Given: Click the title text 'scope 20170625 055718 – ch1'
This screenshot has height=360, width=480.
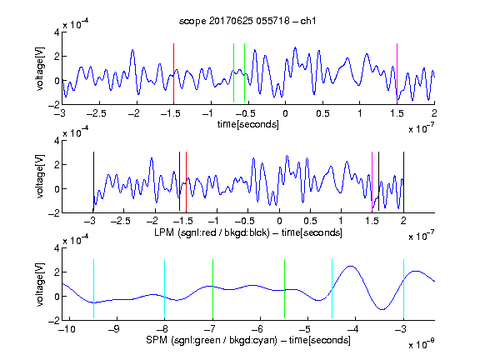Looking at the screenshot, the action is [x=247, y=21].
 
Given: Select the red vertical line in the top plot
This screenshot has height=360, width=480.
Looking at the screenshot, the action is [x=173, y=73].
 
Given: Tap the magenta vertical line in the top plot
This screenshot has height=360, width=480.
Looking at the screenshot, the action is [x=397, y=73].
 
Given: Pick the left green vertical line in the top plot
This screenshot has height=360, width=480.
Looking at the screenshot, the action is [x=233, y=72].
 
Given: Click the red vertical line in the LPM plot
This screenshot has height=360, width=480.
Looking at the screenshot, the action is [x=186, y=182].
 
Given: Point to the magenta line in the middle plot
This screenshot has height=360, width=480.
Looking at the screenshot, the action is [x=372, y=182].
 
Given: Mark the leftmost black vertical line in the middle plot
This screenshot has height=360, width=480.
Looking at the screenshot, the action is [x=93, y=182].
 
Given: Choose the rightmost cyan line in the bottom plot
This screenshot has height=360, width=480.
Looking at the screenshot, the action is [x=403, y=288].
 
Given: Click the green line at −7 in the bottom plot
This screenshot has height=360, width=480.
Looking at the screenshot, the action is [x=212, y=288].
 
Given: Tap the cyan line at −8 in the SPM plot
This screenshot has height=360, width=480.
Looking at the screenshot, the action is [x=164, y=288].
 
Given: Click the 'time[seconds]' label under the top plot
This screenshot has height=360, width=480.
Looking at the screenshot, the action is [x=248, y=124].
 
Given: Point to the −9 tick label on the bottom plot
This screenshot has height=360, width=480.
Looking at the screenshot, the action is [x=114, y=329].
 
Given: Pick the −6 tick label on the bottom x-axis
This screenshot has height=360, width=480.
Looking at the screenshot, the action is [x=257, y=329].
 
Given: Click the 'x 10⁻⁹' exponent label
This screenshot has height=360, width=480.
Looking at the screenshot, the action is [x=421, y=345].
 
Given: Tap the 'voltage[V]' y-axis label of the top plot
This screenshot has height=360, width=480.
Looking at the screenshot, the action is [x=40, y=68].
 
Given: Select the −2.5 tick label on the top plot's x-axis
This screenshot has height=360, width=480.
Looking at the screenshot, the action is [x=96, y=113].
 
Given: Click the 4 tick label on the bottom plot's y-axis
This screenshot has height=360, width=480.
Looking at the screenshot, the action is [x=57, y=248].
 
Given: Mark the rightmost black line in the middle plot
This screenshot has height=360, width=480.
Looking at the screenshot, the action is [x=403, y=182].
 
